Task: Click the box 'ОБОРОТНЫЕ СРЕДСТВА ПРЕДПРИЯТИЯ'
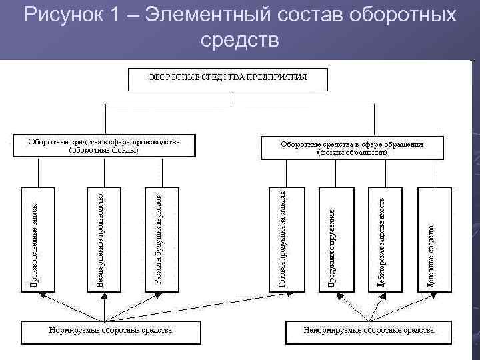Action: [227, 78]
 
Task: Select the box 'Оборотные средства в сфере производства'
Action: [104, 146]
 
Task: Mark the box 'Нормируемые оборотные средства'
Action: [110, 332]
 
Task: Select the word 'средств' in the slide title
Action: [239, 40]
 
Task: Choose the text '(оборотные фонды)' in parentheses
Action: [104, 150]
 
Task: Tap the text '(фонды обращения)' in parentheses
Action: [351, 152]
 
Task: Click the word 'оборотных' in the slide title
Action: [404, 15]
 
